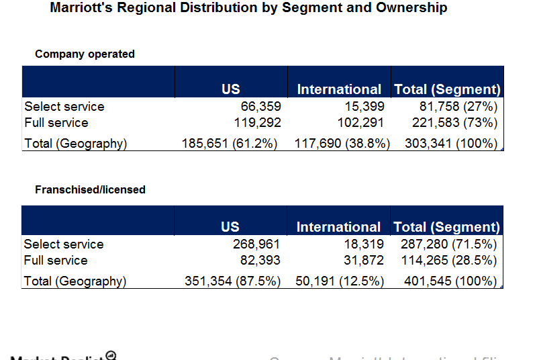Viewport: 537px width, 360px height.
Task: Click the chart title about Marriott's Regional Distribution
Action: click(x=248, y=8)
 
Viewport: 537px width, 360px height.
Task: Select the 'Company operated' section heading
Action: click(x=85, y=54)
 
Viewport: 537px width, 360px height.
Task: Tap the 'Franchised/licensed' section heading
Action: click(x=90, y=189)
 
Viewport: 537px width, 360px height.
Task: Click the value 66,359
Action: click(x=261, y=106)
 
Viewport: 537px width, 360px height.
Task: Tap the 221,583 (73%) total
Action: click(x=455, y=123)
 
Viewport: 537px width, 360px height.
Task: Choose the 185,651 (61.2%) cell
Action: click(x=230, y=143)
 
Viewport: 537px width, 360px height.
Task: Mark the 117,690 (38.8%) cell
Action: click(x=342, y=143)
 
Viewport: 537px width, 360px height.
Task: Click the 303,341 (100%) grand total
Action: click(x=451, y=143)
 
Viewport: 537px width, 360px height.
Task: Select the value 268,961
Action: click(x=256, y=244)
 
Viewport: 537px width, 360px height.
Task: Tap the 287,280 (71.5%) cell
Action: click(x=448, y=244)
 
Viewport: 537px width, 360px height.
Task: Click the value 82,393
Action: click(x=260, y=261)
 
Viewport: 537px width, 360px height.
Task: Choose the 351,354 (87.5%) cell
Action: click(x=232, y=281)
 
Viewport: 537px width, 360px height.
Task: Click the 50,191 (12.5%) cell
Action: click(x=340, y=281)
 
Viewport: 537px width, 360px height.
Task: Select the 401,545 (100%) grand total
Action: click(x=450, y=281)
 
